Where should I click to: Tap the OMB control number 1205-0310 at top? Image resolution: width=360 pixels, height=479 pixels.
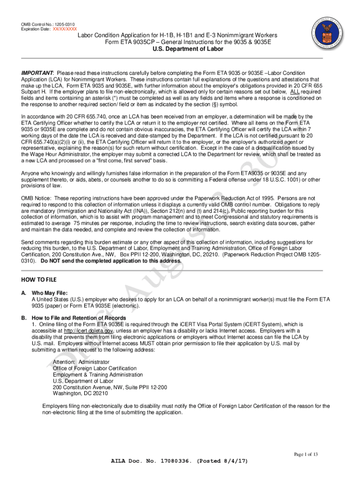(64, 24)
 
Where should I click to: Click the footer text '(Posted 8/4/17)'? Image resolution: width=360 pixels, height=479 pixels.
(223, 461)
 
